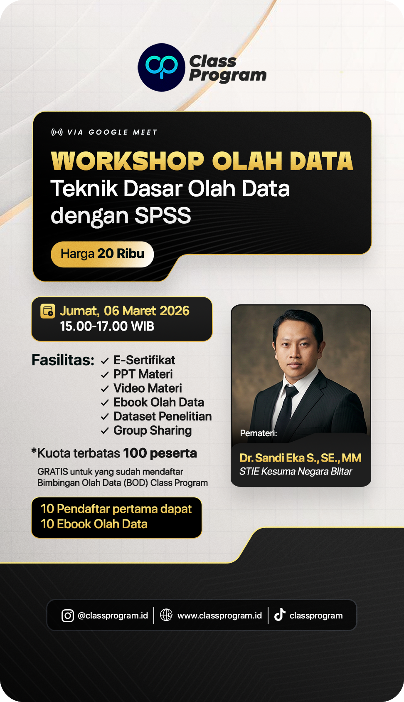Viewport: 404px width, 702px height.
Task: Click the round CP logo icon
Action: [161, 67]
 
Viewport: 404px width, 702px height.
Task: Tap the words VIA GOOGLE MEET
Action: [112, 132]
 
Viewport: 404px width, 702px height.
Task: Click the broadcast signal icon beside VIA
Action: [57, 132]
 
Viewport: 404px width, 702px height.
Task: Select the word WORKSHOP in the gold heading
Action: [127, 161]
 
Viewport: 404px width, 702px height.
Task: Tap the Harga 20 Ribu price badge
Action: [102, 254]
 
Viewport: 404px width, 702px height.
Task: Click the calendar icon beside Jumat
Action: [47, 311]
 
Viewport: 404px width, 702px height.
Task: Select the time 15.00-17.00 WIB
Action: [107, 326]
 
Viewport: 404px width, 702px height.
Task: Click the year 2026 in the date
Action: [175, 311]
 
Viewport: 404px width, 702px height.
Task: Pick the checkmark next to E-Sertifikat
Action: [105, 361]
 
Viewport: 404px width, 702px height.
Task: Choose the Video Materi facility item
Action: [148, 388]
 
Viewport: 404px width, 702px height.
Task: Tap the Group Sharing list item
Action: [153, 430]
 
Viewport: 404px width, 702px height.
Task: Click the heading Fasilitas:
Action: [63, 360]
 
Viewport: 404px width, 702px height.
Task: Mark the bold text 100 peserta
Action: [160, 453]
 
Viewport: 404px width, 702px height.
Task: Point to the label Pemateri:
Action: [259, 433]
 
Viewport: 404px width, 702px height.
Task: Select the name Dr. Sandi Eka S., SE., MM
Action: [301, 458]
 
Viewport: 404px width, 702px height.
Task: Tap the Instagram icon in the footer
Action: [67, 615]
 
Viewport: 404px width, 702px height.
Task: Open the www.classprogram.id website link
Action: [219, 615]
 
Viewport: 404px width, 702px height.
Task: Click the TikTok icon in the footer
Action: [280, 615]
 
